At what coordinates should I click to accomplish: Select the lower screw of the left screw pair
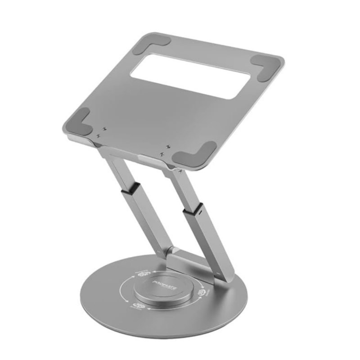(99, 135)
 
